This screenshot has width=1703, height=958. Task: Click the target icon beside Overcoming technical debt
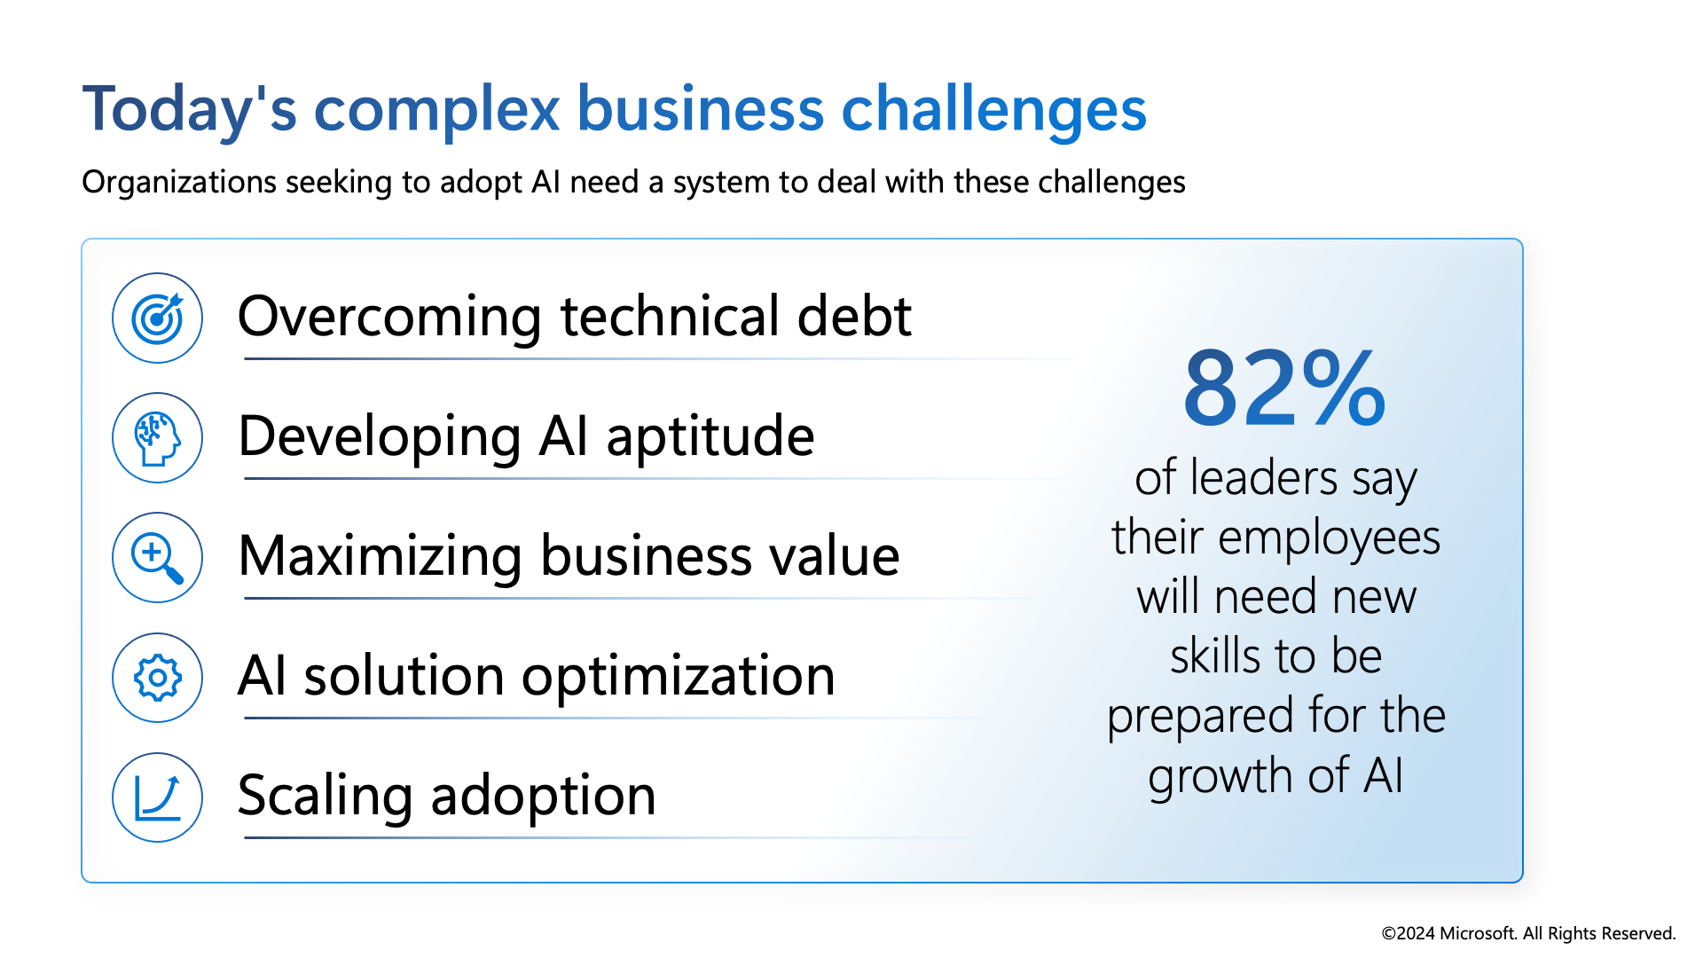coord(157,318)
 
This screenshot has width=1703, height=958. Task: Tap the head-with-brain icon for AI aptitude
coord(157,438)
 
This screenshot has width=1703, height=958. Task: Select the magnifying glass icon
coord(157,558)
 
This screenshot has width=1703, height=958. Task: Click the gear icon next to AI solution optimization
coord(157,678)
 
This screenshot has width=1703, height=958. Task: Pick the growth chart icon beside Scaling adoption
coord(157,797)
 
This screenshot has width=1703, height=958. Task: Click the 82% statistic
coord(1284,388)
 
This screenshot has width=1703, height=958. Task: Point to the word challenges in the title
coord(993,108)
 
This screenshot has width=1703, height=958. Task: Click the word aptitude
coord(710,437)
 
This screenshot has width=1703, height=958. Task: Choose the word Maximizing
coord(380,557)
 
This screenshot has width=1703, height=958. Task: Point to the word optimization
coord(679,676)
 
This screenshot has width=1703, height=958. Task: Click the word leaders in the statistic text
coord(1264,478)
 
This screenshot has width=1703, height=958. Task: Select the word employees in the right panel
coord(1330,539)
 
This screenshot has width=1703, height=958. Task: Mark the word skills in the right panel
coord(1215,656)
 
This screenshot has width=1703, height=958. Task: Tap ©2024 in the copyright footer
coord(1408,933)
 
